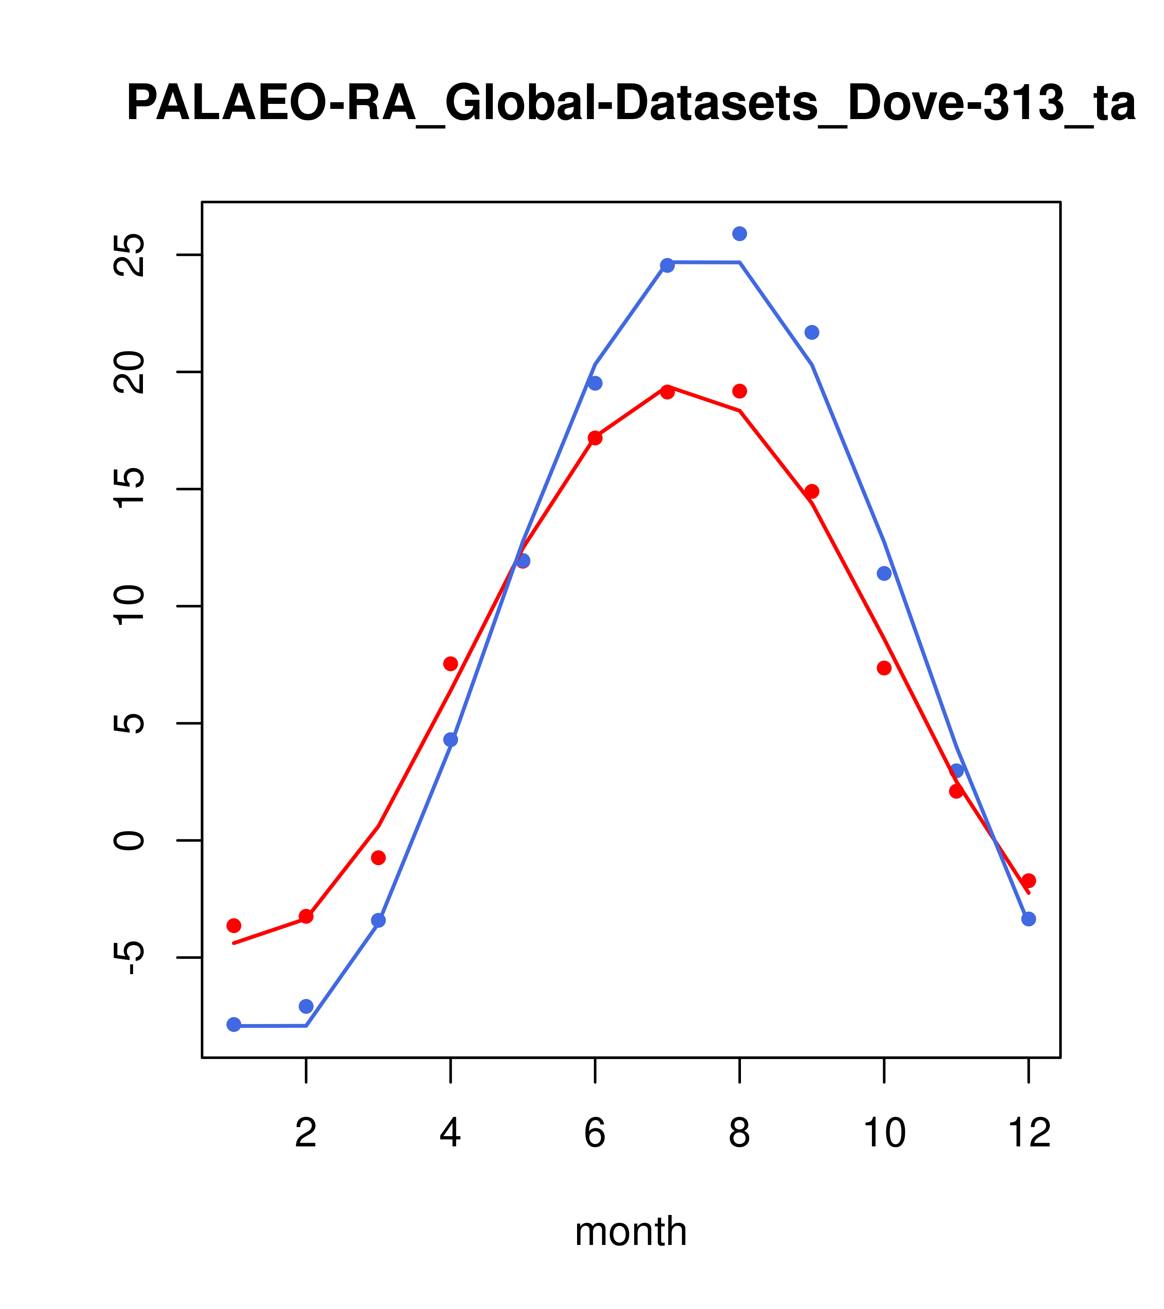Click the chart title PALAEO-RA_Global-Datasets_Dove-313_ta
pyautogui.click(x=630, y=104)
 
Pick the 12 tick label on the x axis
pyautogui.click(x=1029, y=1133)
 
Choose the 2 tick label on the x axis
pyautogui.click(x=306, y=1133)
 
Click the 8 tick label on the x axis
pyautogui.click(x=739, y=1133)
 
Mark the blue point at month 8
pyautogui.click(x=739, y=234)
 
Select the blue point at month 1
pyautogui.click(x=234, y=1024)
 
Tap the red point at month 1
pyautogui.click(x=234, y=925)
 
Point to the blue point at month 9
pyautogui.click(x=812, y=332)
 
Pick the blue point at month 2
pyautogui.click(x=306, y=1006)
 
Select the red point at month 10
pyautogui.click(x=884, y=668)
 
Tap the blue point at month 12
pyautogui.click(x=1029, y=919)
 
